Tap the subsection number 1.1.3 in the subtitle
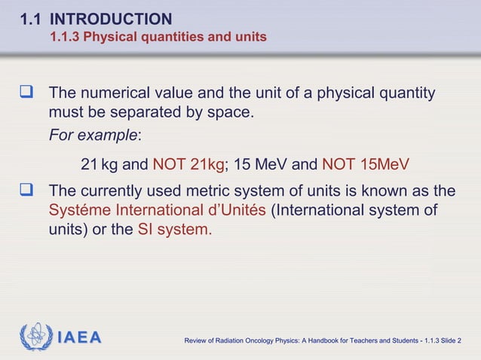tap(64, 36)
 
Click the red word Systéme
tap(78, 210)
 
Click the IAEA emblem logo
tap(36, 337)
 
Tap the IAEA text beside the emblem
tap(79, 338)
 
